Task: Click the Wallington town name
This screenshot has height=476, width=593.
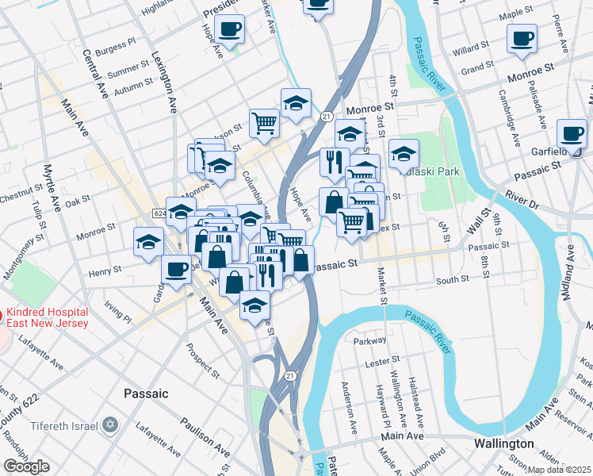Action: click(503, 443)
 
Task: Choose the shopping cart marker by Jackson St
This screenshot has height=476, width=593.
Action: click(264, 122)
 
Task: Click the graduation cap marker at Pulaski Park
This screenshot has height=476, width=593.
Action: click(404, 152)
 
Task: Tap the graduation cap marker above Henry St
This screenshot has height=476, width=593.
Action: click(148, 242)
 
